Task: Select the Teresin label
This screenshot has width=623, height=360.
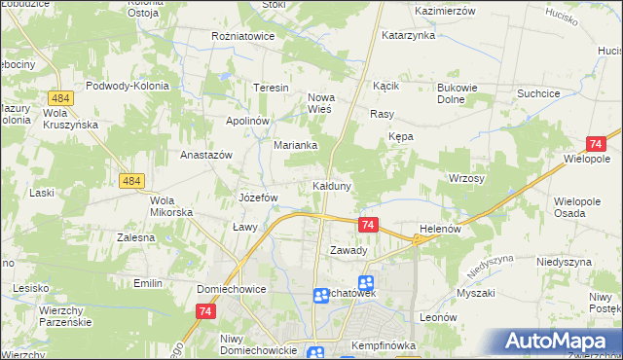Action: tap(272, 88)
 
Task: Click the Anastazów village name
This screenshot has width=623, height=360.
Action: tap(205, 155)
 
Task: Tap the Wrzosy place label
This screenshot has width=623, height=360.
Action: tap(466, 179)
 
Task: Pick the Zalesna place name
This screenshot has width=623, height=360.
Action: tap(136, 236)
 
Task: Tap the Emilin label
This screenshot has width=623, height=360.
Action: tap(148, 283)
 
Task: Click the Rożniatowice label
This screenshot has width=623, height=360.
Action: tap(243, 36)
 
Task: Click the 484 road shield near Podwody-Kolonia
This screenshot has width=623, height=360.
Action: tap(60, 99)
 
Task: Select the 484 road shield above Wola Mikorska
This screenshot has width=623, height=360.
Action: tap(132, 181)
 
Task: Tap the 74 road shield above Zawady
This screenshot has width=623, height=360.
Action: tap(367, 225)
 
